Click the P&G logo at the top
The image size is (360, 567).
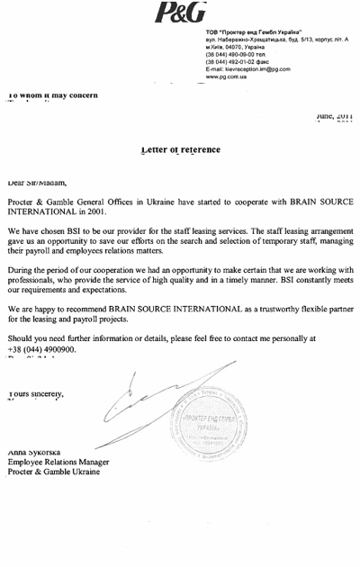180,12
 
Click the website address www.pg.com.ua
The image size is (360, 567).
229,77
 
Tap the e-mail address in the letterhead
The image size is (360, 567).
247,69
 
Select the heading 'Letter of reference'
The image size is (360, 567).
180,148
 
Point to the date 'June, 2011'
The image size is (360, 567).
334,116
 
